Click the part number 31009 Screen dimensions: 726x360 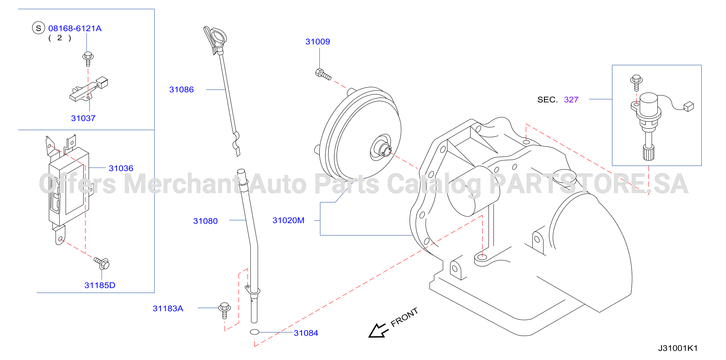318,42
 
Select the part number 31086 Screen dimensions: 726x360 181,90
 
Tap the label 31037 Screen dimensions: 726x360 83,118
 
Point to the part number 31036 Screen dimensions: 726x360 121,168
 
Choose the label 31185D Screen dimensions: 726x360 100,285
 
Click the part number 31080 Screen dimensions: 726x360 206,221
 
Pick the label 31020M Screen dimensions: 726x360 288,220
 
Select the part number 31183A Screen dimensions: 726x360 168,309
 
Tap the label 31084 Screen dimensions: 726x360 306,333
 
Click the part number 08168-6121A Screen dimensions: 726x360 75,28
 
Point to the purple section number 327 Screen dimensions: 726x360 571,100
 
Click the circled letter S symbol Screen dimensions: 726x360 39,28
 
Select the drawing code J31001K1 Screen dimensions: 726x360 678,348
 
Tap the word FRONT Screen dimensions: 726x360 404,317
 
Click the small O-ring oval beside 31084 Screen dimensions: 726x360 255,332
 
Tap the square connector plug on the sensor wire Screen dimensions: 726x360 689,106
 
